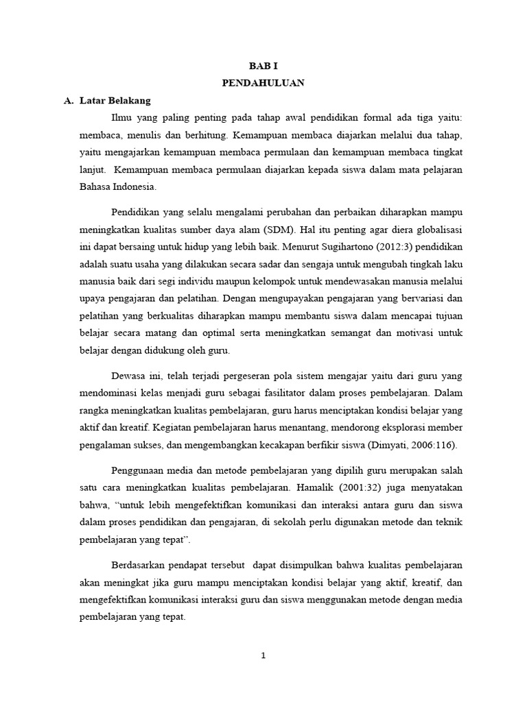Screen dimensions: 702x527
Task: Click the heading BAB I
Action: point(263,66)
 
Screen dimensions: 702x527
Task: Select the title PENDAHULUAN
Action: point(263,83)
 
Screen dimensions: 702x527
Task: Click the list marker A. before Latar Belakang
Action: point(68,100)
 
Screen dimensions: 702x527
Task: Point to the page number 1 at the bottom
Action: point(263,655)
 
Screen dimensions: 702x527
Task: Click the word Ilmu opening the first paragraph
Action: point(120,117)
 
